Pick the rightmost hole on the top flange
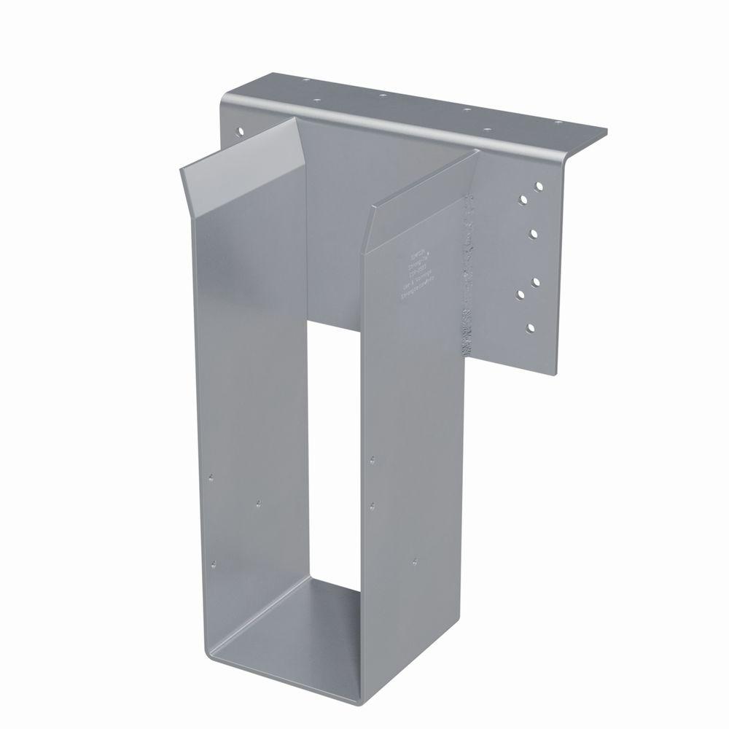coord(561,125)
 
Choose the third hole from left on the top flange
coord(381,95)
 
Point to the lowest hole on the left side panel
coord(214,563)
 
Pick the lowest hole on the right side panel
coord(414,561)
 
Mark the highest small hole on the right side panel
coord(373,460)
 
